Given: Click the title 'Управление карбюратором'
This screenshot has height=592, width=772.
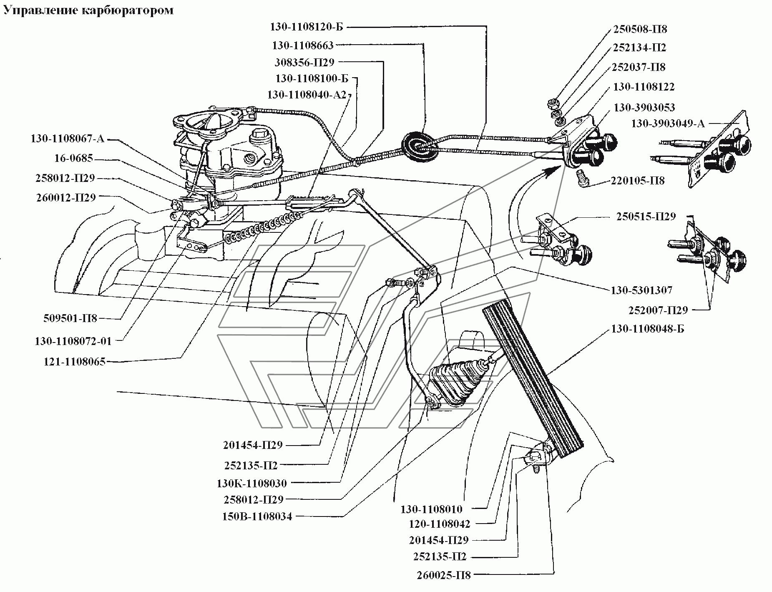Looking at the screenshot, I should pyautogui.click(x=88, y=10).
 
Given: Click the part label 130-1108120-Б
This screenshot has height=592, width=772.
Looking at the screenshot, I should pyautogui.click(x=307, y=27).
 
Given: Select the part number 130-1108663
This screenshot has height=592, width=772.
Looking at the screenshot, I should pyautogui.click(x=303, y=45).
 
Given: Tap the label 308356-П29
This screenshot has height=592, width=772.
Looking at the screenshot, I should pyautogui.click(x=304, y=63).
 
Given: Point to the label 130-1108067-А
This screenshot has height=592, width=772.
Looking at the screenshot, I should pyautogui.click(x=67, y=139).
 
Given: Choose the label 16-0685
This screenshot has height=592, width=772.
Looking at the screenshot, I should pyautogui.click(x=73, y=159).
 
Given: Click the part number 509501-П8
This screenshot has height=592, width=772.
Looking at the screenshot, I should pyautogui.click(x=70, y=319).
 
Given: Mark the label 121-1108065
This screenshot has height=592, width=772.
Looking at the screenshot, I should pyautogui.click(x=75, y=362).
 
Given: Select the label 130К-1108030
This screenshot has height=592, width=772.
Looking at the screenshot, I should pyautogui.click(x=252, y=484).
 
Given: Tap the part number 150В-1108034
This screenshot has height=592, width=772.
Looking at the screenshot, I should pyautogui.click(x=257, y=516).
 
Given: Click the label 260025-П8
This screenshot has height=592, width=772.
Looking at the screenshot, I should pyautogui.click(x=443, y=575).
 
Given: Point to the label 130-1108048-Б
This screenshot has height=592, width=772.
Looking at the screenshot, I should pyautogui.click(x=648, y=329).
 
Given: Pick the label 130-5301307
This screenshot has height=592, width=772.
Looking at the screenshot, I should pyautogui.click(x=641, y=290).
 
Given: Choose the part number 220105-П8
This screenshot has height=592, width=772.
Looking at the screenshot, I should pyautogui.click(x=638, y=181).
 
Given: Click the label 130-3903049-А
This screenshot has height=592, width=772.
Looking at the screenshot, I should pyautogui.click(x=668, y=123).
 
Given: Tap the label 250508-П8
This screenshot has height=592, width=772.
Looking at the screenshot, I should pyautogui.click(x=640, y=29).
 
